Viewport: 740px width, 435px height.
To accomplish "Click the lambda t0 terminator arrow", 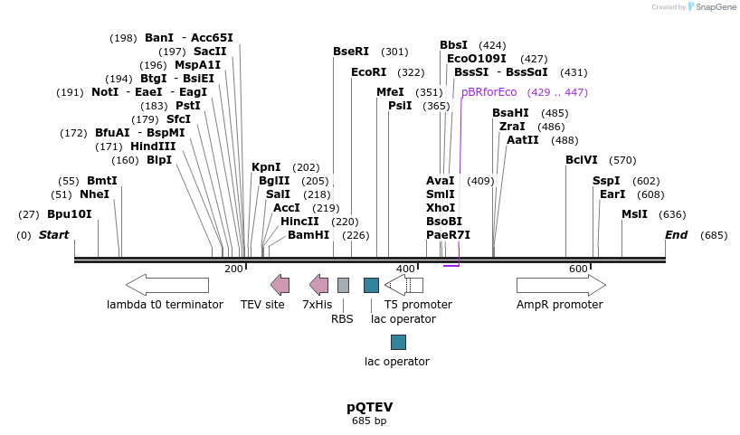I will [167, 285].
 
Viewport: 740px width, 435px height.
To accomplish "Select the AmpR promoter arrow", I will [561, 285].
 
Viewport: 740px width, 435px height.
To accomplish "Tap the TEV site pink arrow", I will [280, 285].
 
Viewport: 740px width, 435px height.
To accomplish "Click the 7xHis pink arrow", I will [318, 285].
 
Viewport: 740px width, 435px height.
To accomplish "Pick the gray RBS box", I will [343, 285].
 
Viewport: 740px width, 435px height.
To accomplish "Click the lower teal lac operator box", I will [398, 342].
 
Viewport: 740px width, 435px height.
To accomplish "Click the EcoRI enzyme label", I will [368, 72].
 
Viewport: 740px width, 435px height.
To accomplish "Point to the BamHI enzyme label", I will [308, 235].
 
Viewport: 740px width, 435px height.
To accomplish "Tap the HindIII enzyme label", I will [153, 147].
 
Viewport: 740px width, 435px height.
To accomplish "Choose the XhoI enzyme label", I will [441, 208].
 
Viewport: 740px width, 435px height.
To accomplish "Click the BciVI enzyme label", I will [582, 160].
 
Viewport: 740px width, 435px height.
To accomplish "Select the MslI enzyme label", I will [634, 214].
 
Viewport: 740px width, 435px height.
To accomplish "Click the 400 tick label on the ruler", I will [405, 269].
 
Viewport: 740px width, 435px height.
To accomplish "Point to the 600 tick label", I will [578, 269].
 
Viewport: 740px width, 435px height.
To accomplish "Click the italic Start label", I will [53, 235].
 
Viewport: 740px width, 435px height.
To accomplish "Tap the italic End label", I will [677, 235].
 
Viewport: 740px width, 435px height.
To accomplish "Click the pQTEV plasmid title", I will [369, 407].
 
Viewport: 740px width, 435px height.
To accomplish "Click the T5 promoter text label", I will [418, 305].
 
